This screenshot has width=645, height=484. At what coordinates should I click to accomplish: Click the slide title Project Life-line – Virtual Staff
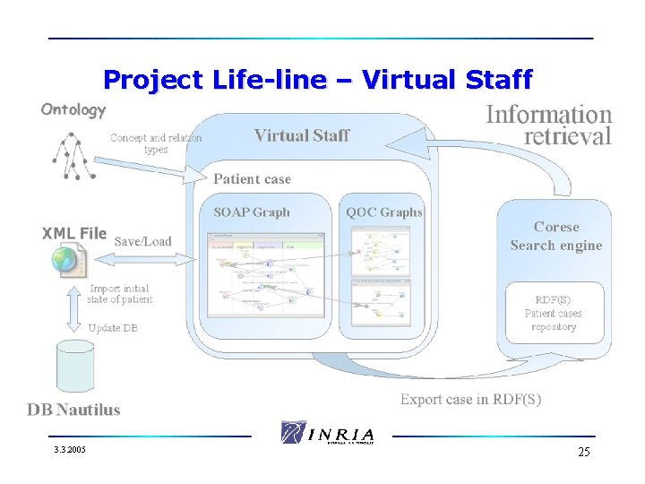tap(317, 80)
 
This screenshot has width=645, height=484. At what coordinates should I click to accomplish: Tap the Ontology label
tap(73, 110)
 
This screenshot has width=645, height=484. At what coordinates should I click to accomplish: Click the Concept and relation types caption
tap(156, 143)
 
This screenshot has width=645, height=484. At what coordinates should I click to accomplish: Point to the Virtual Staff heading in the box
tap(302, 136)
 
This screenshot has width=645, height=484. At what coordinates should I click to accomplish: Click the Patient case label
tap(252, 179)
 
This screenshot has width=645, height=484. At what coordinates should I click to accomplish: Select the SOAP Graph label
tap(252, 212)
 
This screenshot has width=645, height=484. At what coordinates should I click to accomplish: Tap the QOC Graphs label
tap(384, 212)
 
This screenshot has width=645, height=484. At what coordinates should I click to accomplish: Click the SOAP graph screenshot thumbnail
tap(265, 277)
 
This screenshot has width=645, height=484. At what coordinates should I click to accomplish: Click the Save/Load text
tap(142, 241)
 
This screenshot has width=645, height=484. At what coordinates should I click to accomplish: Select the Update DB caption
tap(113, 328)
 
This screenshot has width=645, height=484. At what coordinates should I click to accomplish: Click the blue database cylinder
tap(74, 367)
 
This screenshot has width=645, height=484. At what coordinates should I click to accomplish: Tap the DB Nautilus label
tap(73, 411)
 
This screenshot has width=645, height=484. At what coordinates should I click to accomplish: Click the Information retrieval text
tap(548, 125)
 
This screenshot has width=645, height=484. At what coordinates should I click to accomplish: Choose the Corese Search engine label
tap(556, 237)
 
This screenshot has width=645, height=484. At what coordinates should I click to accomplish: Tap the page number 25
tap(583, 452)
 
